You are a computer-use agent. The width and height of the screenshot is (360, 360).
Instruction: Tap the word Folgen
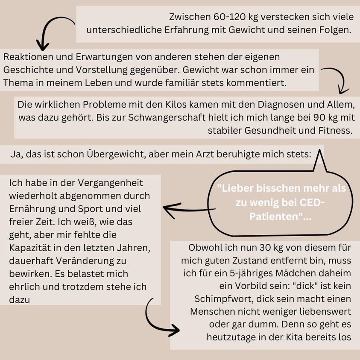336,30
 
